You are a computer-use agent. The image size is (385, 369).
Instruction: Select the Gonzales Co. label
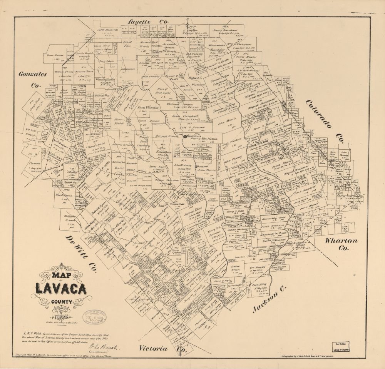pyautogui.click(x=33, y=79)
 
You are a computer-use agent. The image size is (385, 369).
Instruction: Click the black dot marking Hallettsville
pyautogui.click(x=185, y=135)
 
